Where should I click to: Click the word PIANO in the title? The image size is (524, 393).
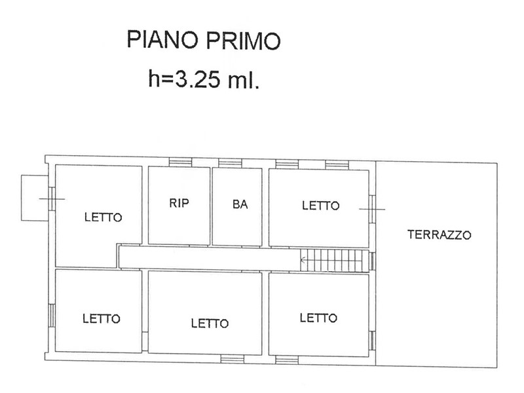click(x=162, y=39)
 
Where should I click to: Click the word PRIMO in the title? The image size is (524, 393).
click(x=243, y=40)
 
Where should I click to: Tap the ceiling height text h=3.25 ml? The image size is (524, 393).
click(x=204, y=79)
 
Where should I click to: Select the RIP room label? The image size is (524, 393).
click(x=179, y=203)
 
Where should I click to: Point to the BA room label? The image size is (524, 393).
click(x=240, y=204)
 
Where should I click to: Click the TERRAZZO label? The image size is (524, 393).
click(x=439, y=234)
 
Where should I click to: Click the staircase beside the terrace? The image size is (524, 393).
click(x=335, y=260)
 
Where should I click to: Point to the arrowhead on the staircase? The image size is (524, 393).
click(x=303, y=259)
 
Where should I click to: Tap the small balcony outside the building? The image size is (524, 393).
click(x=34, y=198)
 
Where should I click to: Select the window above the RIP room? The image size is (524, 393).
click(x=180, y=162)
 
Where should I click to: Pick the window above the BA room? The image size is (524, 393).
click(x=231, y=162)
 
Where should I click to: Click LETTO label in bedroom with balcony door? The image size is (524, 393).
click(x=103, y=217)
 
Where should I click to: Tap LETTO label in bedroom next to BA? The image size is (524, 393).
click(x=321, y=205)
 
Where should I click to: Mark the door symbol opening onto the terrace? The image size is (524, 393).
click(x=372, y=209)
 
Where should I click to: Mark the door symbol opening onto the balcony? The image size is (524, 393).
click(x=52, y=199)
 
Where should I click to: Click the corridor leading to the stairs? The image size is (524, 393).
click(x=210, y=257)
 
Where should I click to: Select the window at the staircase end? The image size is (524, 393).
click(x=372, y=260)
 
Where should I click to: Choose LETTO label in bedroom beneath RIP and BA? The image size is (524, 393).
click(x=210, y=323)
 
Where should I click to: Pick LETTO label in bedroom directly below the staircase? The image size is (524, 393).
click(x=318, y=318)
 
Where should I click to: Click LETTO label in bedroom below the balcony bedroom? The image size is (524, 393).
click(x=102, y=318)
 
